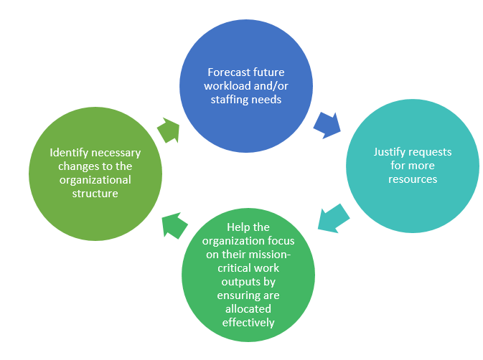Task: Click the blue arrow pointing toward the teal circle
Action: [x=327, y=125]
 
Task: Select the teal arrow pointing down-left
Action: [x=333, y=219]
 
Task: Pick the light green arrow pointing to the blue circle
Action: [x=169, y=130]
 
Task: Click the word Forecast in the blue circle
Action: [x=228, y=72]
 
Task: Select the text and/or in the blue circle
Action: [x=271, y=86]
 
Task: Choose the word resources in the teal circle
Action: [x=413, y=179]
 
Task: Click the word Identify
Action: [x=69, y=153]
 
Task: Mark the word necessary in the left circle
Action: [x=116, y=153]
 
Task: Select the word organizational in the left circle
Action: [x=95, y=180]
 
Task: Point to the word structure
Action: [x=95, y=194]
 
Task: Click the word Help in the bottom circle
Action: [x=238, y=227]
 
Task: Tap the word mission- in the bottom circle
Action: [x=270, y=255]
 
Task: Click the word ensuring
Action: [x=234, y=295]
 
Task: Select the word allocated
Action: [x=248, y=309]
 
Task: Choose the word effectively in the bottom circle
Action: [x=248, y=323]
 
